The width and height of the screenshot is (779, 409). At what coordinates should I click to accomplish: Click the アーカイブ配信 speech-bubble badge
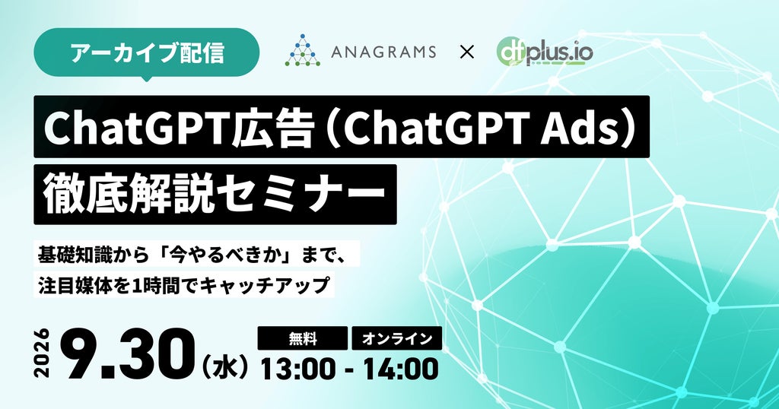coord(147,53)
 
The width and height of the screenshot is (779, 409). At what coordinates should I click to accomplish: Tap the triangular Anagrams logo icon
coord(303,50)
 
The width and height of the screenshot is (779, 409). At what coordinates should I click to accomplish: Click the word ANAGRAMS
coord(383,52)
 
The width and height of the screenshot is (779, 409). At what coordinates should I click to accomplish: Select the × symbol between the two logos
coord(466,52)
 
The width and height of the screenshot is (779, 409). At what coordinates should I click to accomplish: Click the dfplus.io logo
coord(545,52)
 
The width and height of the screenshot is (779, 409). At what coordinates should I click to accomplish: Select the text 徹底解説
coord(129,195)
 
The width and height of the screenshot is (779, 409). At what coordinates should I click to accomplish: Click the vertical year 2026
coord(43,353)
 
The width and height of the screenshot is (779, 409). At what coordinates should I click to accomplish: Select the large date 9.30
coord(130,354)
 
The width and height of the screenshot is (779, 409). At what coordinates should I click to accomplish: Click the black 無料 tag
coord(303,338)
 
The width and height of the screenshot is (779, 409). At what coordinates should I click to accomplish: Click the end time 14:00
coord(400,369)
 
